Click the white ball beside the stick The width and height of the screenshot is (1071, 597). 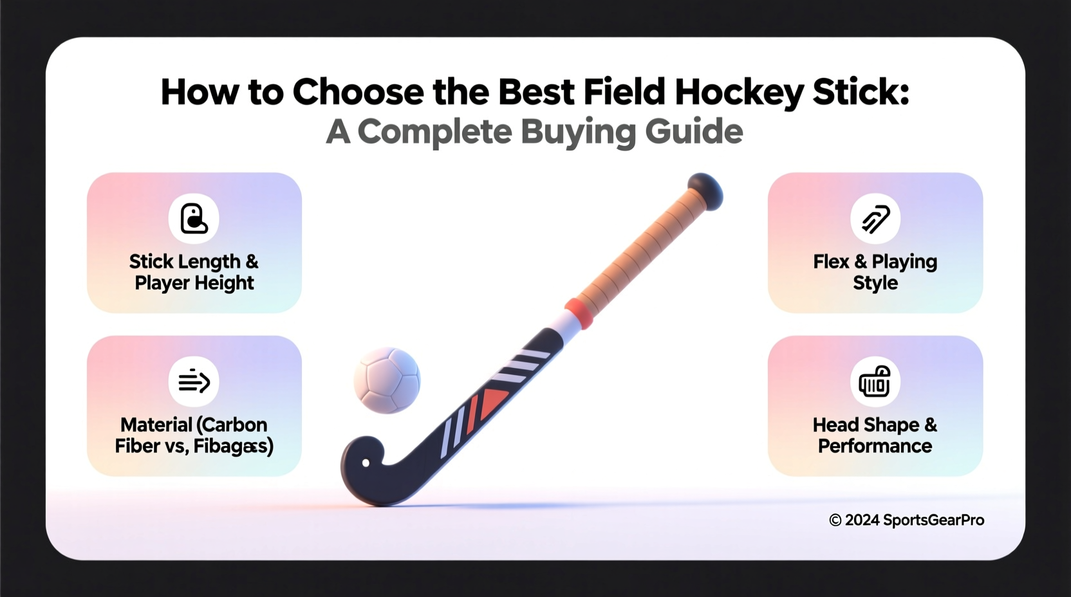pyautogui.click(x=387, y=380)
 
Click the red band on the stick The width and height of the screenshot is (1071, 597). pyautogui.click(x=579, y=312)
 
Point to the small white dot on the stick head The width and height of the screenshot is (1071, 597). pyautogui.click(x=366, y=463)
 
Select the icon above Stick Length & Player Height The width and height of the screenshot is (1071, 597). pyautogui.click(x=194, y=219)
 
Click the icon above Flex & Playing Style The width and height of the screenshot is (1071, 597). pyautogui.click(x=875, y=219)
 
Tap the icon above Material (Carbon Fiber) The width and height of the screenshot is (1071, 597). pyautogui.click(x=194, y=381)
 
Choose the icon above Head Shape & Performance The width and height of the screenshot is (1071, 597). pyautogui.click(x=875, y=381)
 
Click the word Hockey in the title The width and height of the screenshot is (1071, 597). pyautogui.click(x=739, y=92)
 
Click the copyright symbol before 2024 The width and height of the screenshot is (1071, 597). pyautogui.click(x=835, y=520)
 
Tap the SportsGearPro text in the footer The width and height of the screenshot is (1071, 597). pyautogui.click(x=933, y=520)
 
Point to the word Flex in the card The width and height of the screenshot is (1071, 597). pyautogui.click(x=831, y=262)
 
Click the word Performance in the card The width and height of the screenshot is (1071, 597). pyautogui.click(x=875, y=446)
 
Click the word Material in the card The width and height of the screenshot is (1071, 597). pyautogui.click(x=156, y=425)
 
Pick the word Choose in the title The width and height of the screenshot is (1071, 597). pyautogui.click(x=358, y=92)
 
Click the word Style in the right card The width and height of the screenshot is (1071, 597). pyautogui.click(x=875, y=283)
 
